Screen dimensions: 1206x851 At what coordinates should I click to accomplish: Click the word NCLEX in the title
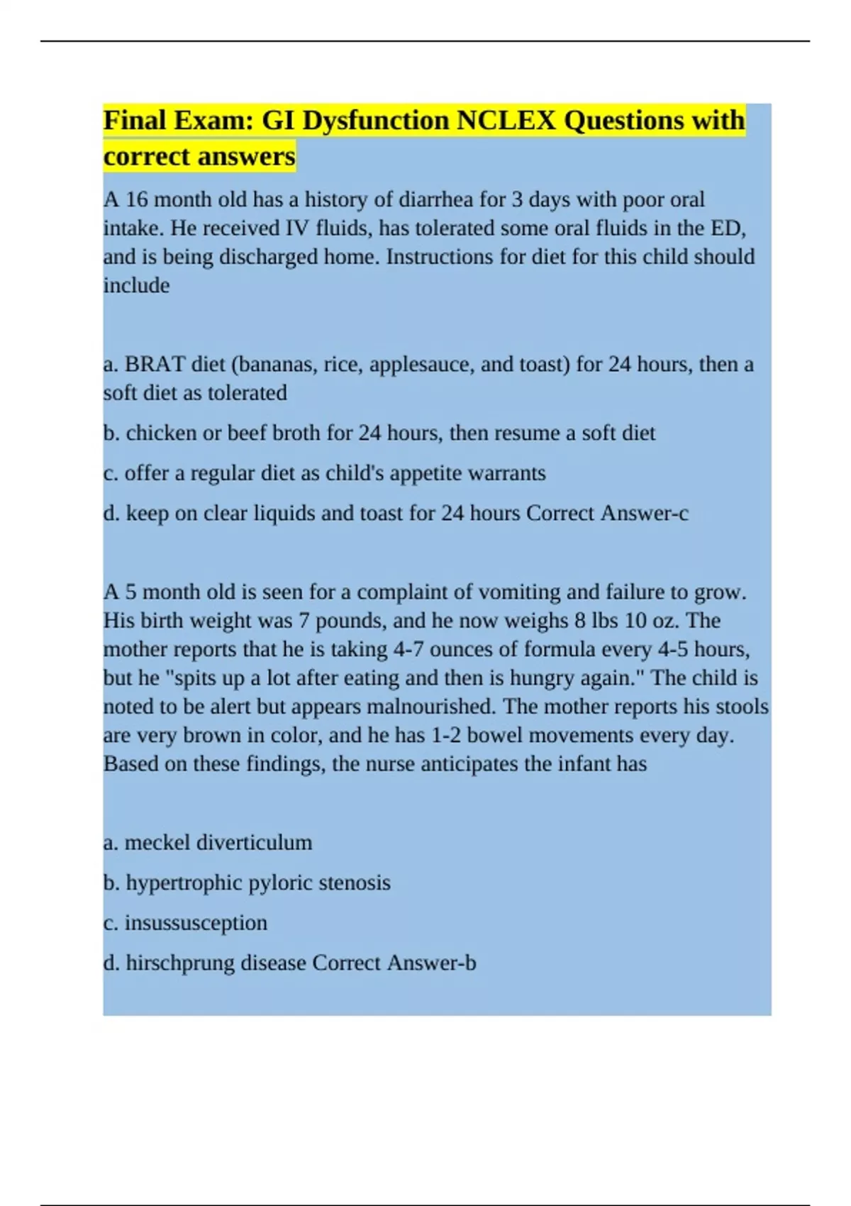[x=506, y=121]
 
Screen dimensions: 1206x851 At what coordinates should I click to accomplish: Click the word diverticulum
[x=254, y=843]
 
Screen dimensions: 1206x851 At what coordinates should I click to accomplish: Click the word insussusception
[x=196, y=923]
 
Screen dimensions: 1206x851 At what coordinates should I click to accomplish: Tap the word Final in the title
[x=135, y=121]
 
